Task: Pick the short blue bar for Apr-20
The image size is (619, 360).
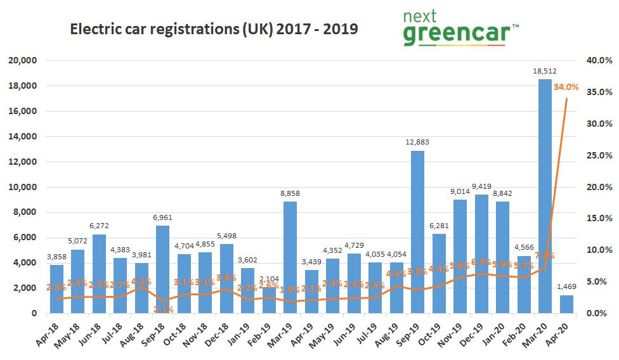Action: [x=566, y=304]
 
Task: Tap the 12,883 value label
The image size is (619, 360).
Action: [x=417, y=143]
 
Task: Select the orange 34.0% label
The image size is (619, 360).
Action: [x=566, y=87]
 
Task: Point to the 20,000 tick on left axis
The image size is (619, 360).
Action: [x=23, y=60]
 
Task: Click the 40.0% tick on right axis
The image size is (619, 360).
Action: [x=599, y=60]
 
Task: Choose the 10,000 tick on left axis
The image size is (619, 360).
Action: [x=23, y=187]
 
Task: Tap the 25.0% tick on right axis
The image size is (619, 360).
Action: [x=599, y=155]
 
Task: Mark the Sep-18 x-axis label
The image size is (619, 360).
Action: [x=157, y=332]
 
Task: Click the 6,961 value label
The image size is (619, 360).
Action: [x=163, y=217]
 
